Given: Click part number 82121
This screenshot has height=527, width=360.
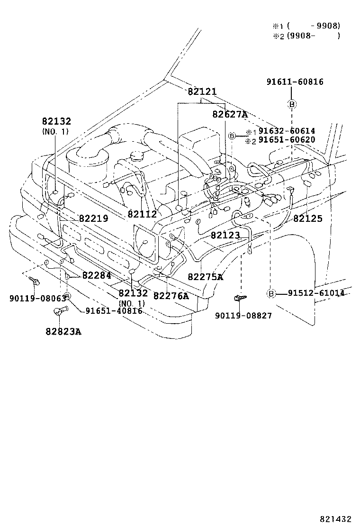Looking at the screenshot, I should coord(202,91).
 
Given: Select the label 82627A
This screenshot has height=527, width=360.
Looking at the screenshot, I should coord(230,114).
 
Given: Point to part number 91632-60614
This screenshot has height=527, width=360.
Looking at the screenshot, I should coord(280,131).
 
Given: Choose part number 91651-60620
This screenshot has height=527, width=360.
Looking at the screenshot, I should coord(280,140).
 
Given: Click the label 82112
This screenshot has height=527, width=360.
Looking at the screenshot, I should coord(142,214).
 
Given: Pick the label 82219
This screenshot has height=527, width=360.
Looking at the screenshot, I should coord(93,218).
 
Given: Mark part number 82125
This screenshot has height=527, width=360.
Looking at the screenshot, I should coord(307,218).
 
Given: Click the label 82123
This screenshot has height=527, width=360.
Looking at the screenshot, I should coord(225,235).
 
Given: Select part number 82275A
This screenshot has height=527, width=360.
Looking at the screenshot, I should coord(205,277).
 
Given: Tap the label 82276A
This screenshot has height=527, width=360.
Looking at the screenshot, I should coord(171,296).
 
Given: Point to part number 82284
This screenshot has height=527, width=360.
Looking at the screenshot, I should coord(97,275).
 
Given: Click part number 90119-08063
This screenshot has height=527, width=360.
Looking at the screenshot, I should coord(31,299).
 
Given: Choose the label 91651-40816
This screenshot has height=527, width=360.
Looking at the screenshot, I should coord(114,311).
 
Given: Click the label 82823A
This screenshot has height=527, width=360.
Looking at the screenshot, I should coord(63,331).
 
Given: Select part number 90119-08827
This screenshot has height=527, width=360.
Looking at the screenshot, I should coord(243,315).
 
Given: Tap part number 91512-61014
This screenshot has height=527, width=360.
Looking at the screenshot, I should coord(316,293).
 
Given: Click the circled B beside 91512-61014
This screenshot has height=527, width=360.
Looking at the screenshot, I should coord(271,293).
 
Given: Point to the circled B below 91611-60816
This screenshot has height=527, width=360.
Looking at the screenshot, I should coord(292,104).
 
